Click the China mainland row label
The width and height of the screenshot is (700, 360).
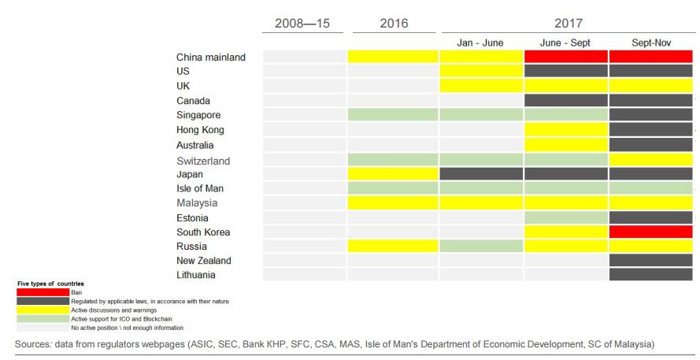pyautogui.click(x=211, y=57)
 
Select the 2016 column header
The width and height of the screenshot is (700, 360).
pyautogui.click(x=394, y=24)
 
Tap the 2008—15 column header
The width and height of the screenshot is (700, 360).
pyautogui.click(x=302, y=24)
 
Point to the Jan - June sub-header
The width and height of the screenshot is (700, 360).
pyautogui.click(x=480, y=43)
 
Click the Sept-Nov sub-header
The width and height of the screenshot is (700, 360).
pyautogui.click(x=650, y=43)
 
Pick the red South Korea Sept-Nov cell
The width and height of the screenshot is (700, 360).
pyautogui.click(x=650, y=232)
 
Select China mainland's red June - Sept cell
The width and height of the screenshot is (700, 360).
pyautogui.click(x=565, y=57)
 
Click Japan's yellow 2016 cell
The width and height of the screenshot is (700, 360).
pyautogui.click(x=393, y=174)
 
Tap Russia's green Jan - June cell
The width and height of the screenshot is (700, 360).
pyautogui.click(x=480, y=247)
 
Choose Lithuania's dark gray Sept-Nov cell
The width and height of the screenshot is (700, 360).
pyautogui.click(x=650, y=275)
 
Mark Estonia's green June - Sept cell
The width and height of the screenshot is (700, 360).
pyautogui.click(x=565, y=217)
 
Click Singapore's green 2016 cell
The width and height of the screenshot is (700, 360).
pyautogui.click(x=393, y=115)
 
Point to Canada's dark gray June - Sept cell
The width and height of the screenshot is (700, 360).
pyautogui.click(x=565, y=101)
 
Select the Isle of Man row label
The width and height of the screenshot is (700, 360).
pyautogui.click(x=201, y=189)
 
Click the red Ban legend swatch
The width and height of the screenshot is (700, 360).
pyautogui.click(x=43, y=292)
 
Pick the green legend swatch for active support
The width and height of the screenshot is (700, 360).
pyautogui.click(x=43, y=318)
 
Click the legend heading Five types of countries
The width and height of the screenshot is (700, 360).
pyautogui.click(x=50, y=284)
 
